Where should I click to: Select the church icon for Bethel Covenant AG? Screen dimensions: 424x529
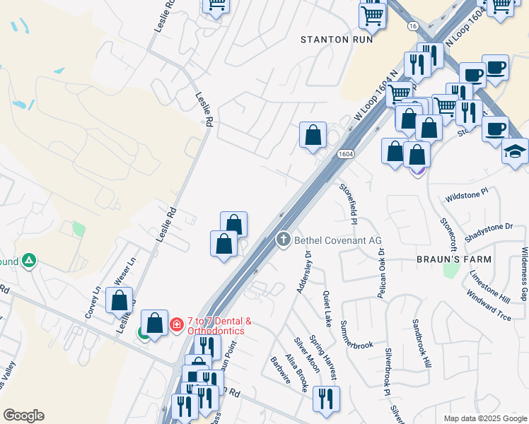click(x=283, y=240)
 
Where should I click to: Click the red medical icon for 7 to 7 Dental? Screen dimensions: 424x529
click(x=176, y=325)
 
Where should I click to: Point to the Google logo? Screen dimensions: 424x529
click(x=23, y=416)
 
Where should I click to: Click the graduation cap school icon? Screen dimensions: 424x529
click(x=516, y=151)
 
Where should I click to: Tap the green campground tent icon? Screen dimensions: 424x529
click(x=28, y=261)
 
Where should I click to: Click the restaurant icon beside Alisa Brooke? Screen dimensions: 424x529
click(x=326, y=399)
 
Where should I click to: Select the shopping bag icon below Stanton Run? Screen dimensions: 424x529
click(x=313, y=135)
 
